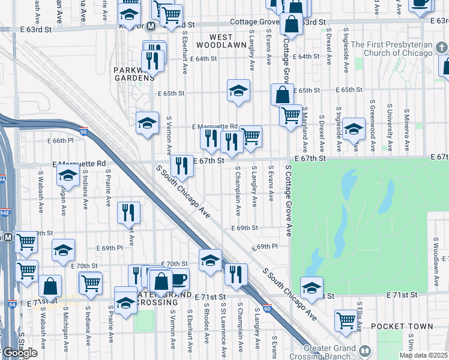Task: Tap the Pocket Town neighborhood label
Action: tap(402, 326)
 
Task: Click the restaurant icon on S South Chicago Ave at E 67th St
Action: tap(182, 166)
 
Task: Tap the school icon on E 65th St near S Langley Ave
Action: tap(238, 91)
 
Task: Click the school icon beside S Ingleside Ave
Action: tap(354, 128)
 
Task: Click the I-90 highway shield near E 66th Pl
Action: tap(83, 130)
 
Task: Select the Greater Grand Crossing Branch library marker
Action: tap(365, 350)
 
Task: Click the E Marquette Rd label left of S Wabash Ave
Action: tap(79, 163)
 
